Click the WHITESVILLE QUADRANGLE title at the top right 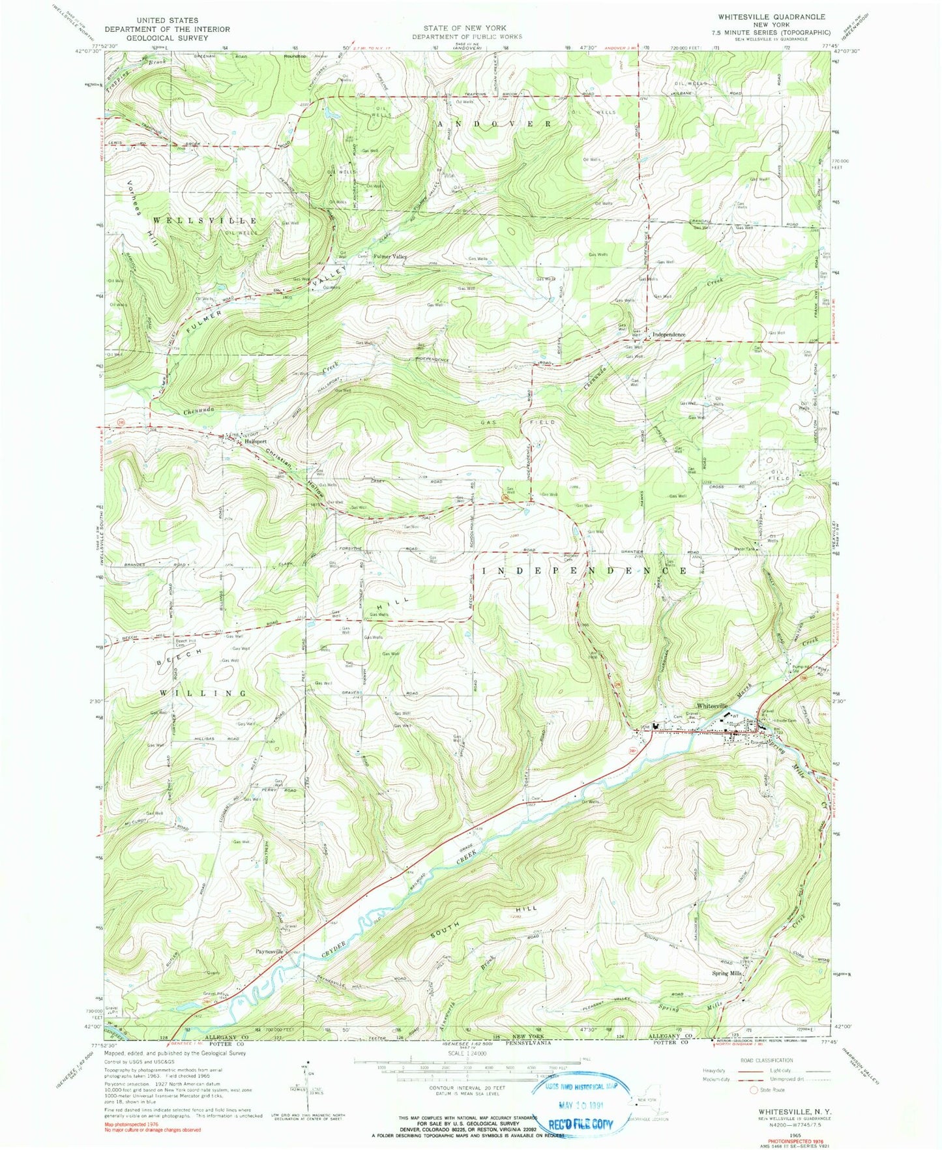[x=774, y=17]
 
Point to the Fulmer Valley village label [x=390, y=257]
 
